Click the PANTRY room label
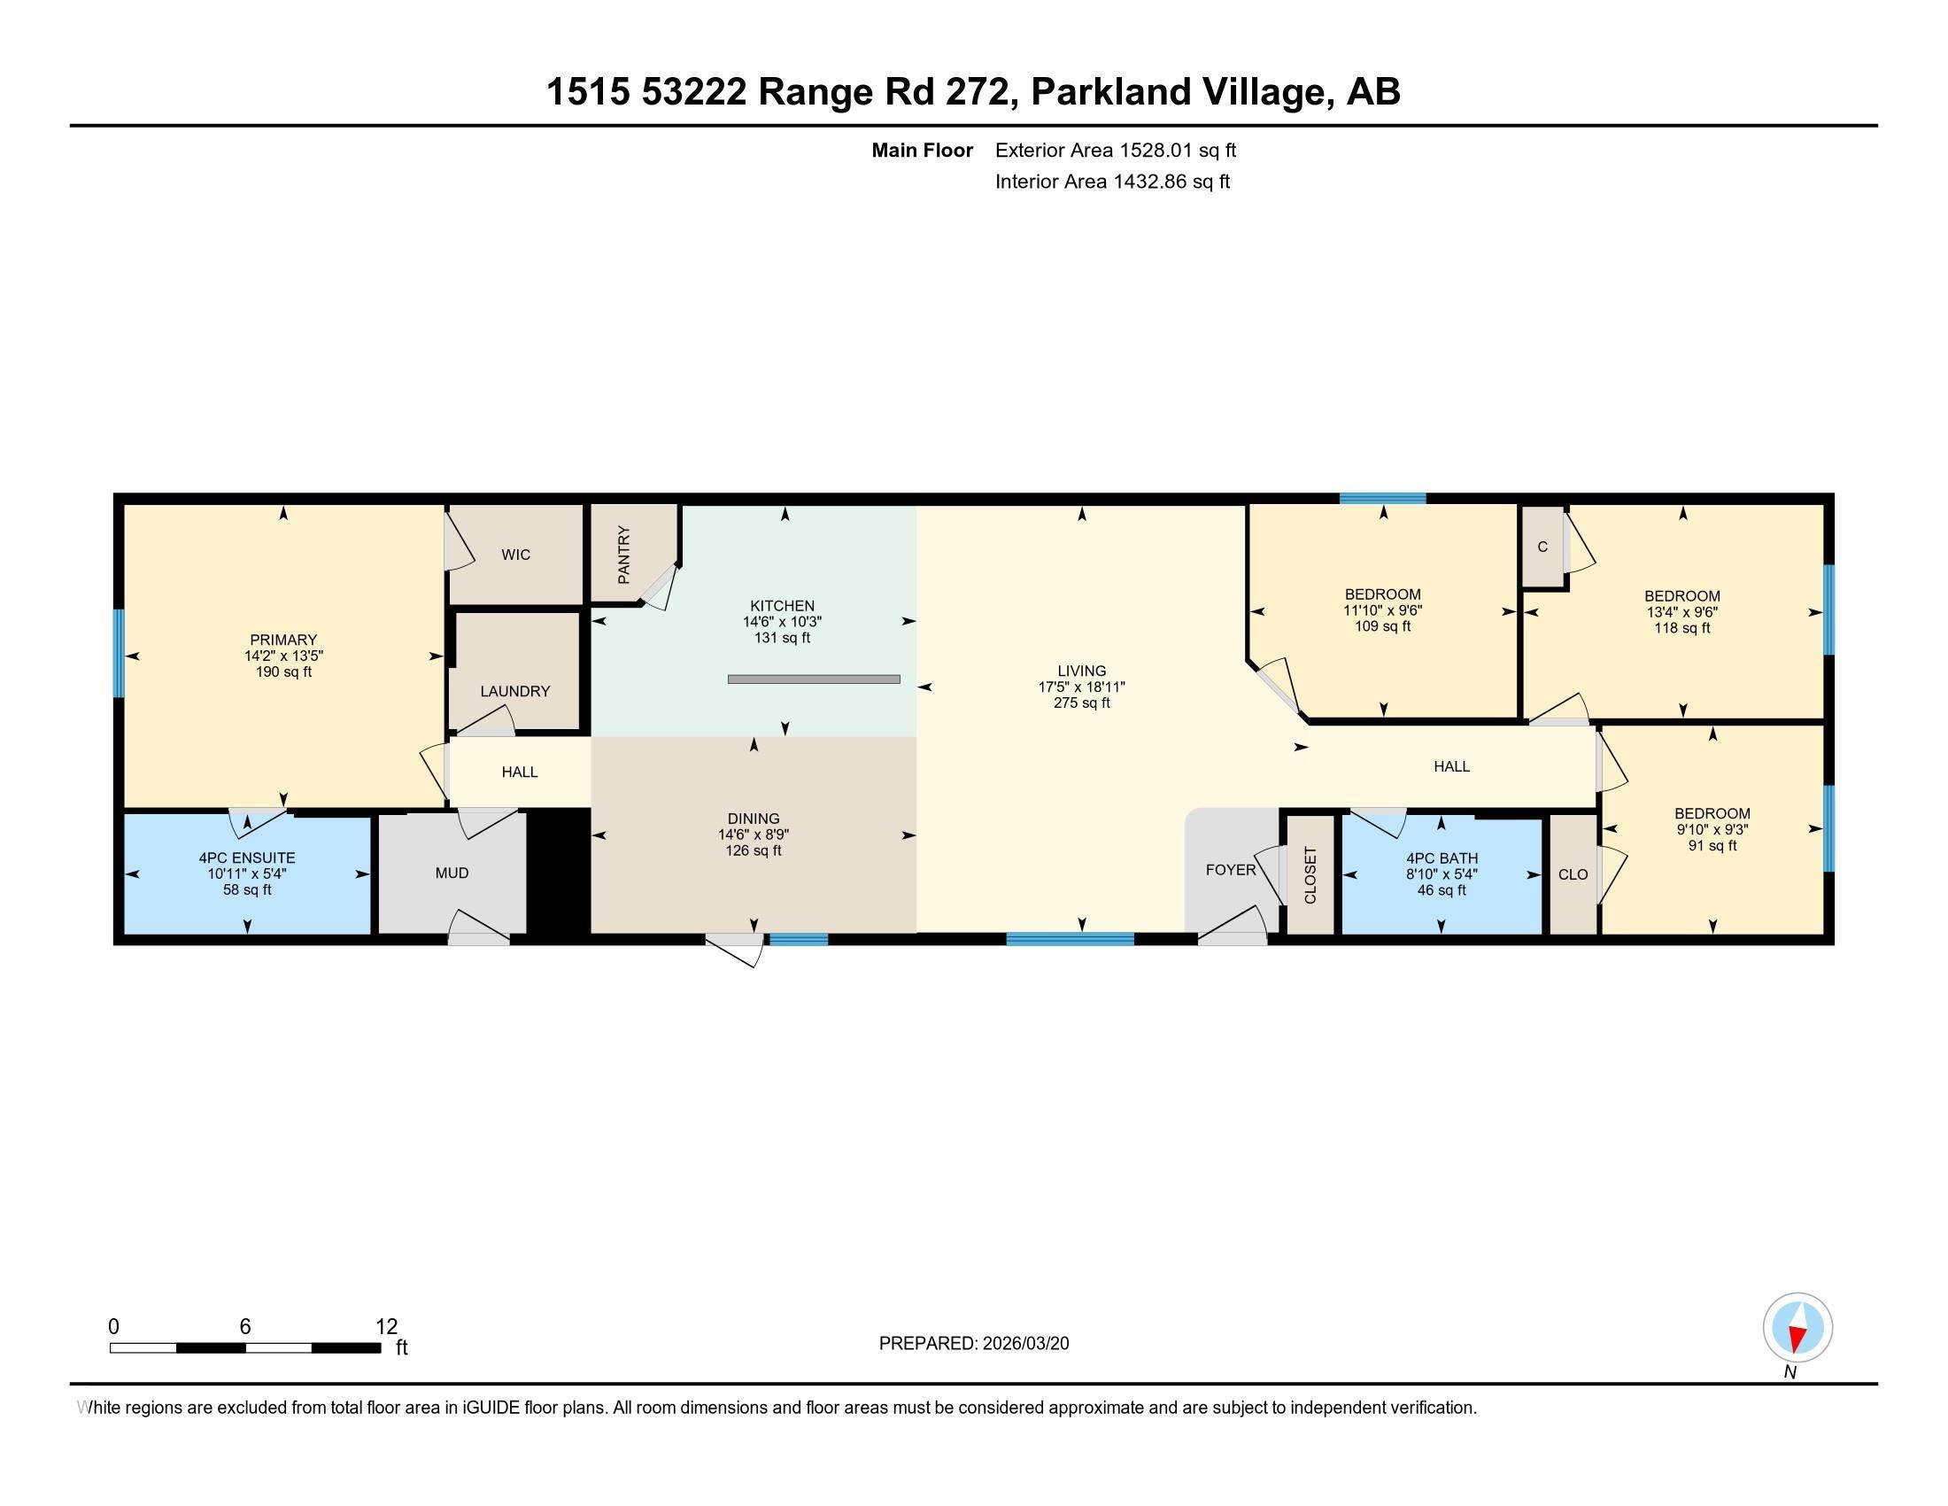(x=623, y=555)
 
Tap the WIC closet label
(x=515, y=555)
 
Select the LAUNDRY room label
(x=514, y=692)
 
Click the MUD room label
(x=452, y=873)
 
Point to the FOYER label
(x=1231, y=870)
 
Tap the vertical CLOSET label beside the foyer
(x=1310, y=875)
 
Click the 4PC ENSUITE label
(x=247, y=858)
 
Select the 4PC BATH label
(x=1442, y=859)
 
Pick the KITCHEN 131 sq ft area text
(x=782, y=638)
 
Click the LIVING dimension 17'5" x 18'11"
(x=1082, y=687)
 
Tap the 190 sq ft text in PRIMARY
(x=283, y=671)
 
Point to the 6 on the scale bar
(x=245, y=1327)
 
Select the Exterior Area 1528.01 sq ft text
(x=1116, y=151)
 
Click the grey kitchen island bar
(x=814, y=679)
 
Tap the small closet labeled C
(x=1543, y=547)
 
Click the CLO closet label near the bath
(x=1573, y=874)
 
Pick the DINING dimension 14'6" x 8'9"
(x=754, y=835)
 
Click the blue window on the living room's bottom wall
(x=1071, y=938)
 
